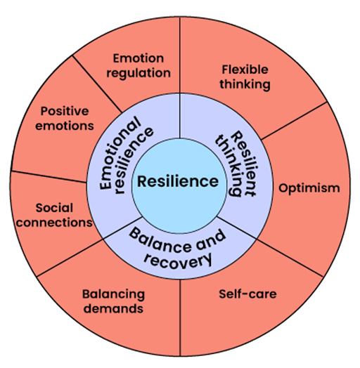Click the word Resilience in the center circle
click(177, 181)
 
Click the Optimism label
click(309, 188)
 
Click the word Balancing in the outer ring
click(113, 294)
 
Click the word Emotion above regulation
click(139, 58)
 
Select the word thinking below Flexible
click(245, 84)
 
